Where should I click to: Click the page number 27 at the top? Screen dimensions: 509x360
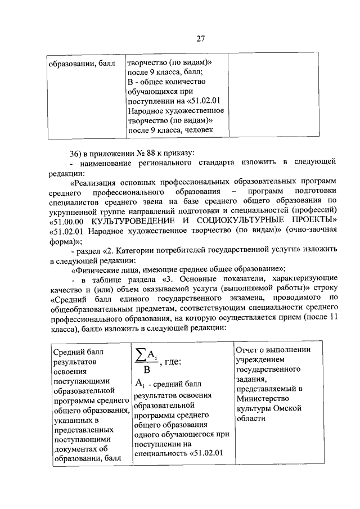tap(200, 39)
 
